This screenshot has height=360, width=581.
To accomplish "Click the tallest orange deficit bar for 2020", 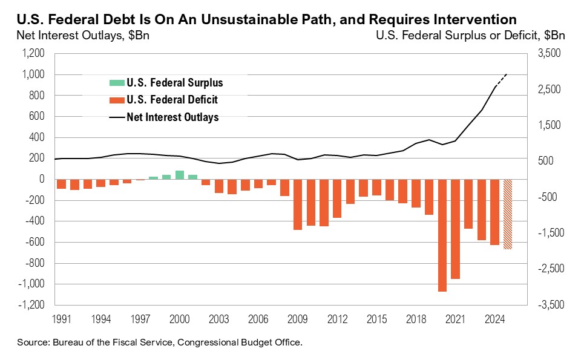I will point(442,235).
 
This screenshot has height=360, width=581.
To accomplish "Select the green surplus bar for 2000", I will point(179,175).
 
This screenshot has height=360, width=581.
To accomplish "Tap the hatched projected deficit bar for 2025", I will point(508,214).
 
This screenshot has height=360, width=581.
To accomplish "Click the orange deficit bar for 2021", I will point(455,229).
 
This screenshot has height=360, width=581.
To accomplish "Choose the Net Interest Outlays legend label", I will point(172,117).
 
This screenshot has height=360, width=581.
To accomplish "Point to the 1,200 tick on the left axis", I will point(34,54).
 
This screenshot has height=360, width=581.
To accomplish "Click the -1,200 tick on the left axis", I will point(32,305).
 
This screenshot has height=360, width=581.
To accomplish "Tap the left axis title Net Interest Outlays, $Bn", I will point(82,35).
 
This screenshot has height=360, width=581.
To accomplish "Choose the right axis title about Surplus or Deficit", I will point(470,35).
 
